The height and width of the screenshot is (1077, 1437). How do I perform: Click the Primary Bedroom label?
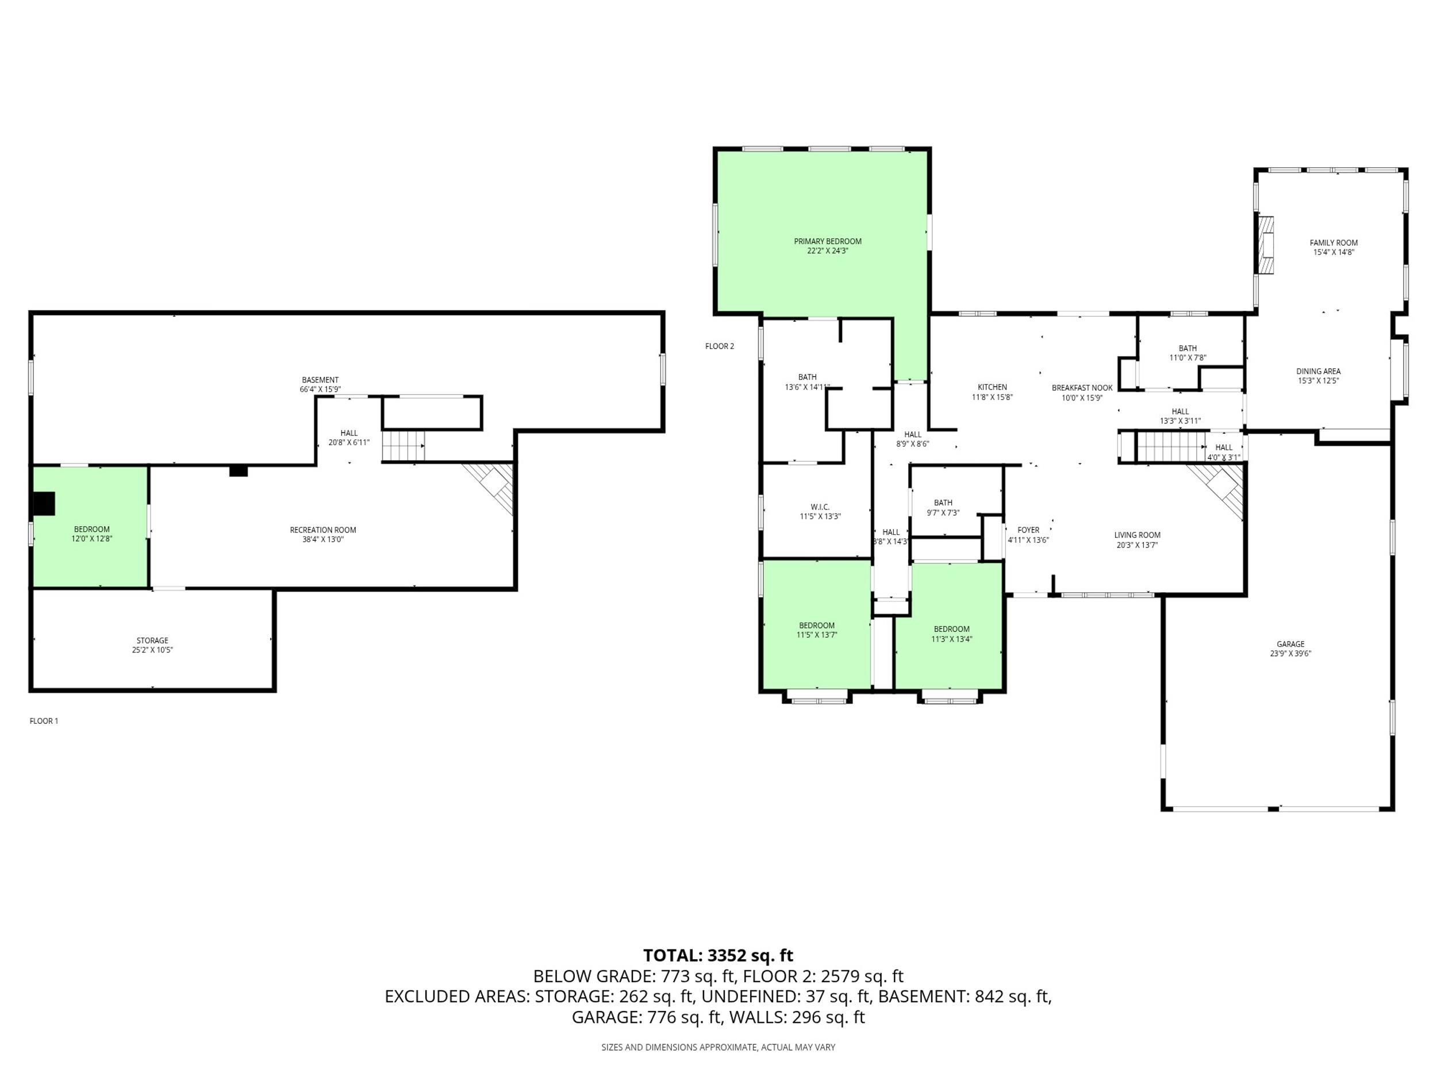(x=828, y=241)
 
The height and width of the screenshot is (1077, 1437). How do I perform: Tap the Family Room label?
(x=1334, y=243)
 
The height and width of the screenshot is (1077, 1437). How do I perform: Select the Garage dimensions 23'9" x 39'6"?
(x=1290, y=654)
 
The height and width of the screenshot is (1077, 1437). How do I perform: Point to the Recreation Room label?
(x=323, y=530)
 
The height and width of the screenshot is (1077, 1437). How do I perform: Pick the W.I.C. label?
(x=820, y=507)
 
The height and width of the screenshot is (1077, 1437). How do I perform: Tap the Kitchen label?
(x=992, y=387)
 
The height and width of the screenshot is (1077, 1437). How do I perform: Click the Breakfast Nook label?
(x=1082, y=388)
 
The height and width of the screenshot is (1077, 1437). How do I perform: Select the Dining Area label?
(x=1319, y=371)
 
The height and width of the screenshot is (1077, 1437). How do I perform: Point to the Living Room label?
(x=1137, y=535)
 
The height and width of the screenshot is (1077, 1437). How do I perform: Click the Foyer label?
(x=1028, y=530)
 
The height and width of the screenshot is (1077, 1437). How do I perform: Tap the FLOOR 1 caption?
(x=44, y=721)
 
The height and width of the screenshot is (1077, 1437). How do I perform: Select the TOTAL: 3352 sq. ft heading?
(x=718, y=956)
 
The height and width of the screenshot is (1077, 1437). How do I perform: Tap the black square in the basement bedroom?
(x=44, y=503)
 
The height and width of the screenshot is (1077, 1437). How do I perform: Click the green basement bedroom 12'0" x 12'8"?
(x=91, y=527)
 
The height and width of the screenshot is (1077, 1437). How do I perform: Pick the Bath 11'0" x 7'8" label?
(x=1188, y=348)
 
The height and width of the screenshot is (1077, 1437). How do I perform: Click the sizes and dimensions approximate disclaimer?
(x=718, y=1047)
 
